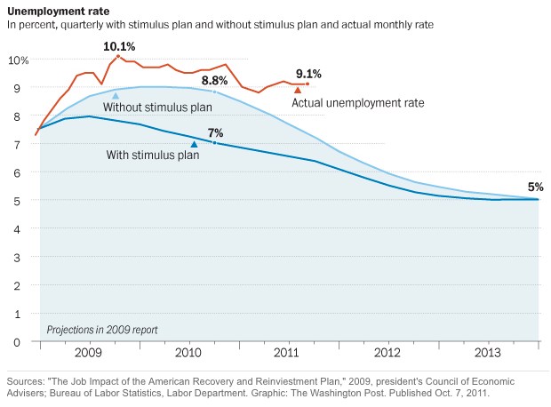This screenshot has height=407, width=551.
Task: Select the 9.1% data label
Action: (307, 74)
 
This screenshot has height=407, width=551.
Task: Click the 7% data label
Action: (215, 132)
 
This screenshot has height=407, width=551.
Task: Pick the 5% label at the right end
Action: (535, 187)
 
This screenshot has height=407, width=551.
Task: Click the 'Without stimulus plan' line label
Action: (157, 108)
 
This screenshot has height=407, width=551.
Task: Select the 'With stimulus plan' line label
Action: (152, 156)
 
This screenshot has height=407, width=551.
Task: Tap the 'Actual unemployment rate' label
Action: (358, 102)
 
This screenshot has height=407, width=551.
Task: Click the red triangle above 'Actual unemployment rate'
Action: (298, 90)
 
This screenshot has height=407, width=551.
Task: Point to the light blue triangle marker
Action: (116, 95)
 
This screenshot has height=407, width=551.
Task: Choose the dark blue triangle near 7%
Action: (194, 144)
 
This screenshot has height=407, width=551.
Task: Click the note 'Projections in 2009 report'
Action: (102, 329)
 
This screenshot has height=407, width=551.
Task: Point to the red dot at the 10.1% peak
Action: (118, 56)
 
